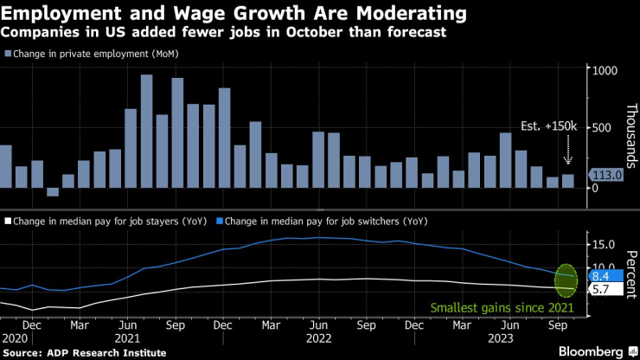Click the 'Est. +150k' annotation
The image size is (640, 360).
(x=549, y=126)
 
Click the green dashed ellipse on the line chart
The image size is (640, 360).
(x=566, y=279)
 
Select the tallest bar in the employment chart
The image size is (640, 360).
(x=146, y=131)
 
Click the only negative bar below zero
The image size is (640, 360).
(x=53, y=191)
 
